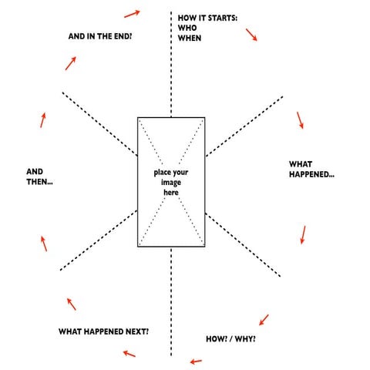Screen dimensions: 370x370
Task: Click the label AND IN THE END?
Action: pyautogui.click(x=100, y=35)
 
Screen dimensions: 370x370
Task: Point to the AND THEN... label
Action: pyautogui.click(x=44, y=176)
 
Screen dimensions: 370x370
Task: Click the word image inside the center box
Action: pyautogui.click(x=171, y=182)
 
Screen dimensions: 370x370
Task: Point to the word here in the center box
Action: pyautogui.click(x=170, y=193)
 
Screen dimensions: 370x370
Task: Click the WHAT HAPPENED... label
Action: pyautogui.click(x=311, y=170)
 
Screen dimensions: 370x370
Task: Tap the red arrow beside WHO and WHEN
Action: pyautogui.click(x=251, y=35)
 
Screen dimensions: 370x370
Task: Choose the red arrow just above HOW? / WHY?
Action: pyautogui.click(x=263, y=318)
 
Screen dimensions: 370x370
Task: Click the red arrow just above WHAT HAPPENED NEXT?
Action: pyautogui.click(x=71, y=303)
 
